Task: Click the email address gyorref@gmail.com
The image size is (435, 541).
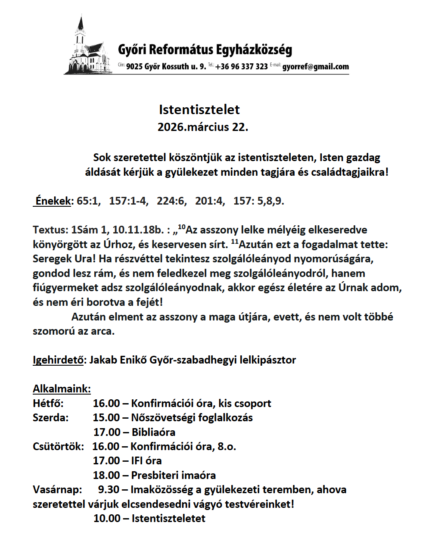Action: click(x=315, y=67)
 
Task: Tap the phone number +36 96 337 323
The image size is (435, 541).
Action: click(x=242, y=67)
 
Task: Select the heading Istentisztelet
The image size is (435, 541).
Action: click(x=199, y=109)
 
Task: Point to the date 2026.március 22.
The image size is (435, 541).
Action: click(x=202, y=127)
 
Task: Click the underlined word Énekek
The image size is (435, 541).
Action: click(x=53, y=201)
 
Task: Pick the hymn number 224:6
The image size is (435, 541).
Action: click(x=171, y=201)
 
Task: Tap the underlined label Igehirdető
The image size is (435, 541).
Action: click(x=58, y=360)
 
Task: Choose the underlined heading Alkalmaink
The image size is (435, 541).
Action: click(x=62, y=389)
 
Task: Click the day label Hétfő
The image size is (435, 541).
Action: click(x=48, y=403)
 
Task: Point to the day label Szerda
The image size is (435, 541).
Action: click(x=50, y=417)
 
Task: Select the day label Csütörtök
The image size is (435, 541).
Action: click(x=58, y=446)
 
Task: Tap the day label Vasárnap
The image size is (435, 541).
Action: click(x=57, y=490)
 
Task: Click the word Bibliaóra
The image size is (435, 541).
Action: click(x=153, y=432)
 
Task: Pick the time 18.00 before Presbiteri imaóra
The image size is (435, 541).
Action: click(x=106, y=475)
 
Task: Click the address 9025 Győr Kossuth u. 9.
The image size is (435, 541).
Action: click(x=166, y=67)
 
